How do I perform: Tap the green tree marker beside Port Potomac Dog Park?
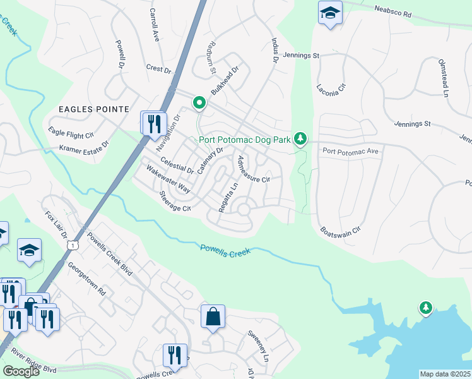(301, 138)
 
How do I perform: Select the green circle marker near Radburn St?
(199, 102)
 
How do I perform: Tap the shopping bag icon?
(213, 316)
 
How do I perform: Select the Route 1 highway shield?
(74, 244)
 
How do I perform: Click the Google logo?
(21, 371)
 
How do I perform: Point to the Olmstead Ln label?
(442, 78)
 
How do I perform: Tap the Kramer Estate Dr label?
(84, 147)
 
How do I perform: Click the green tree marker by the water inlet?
(427, 308)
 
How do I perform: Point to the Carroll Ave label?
(153, 25)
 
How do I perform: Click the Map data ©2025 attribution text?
(445, 374)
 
